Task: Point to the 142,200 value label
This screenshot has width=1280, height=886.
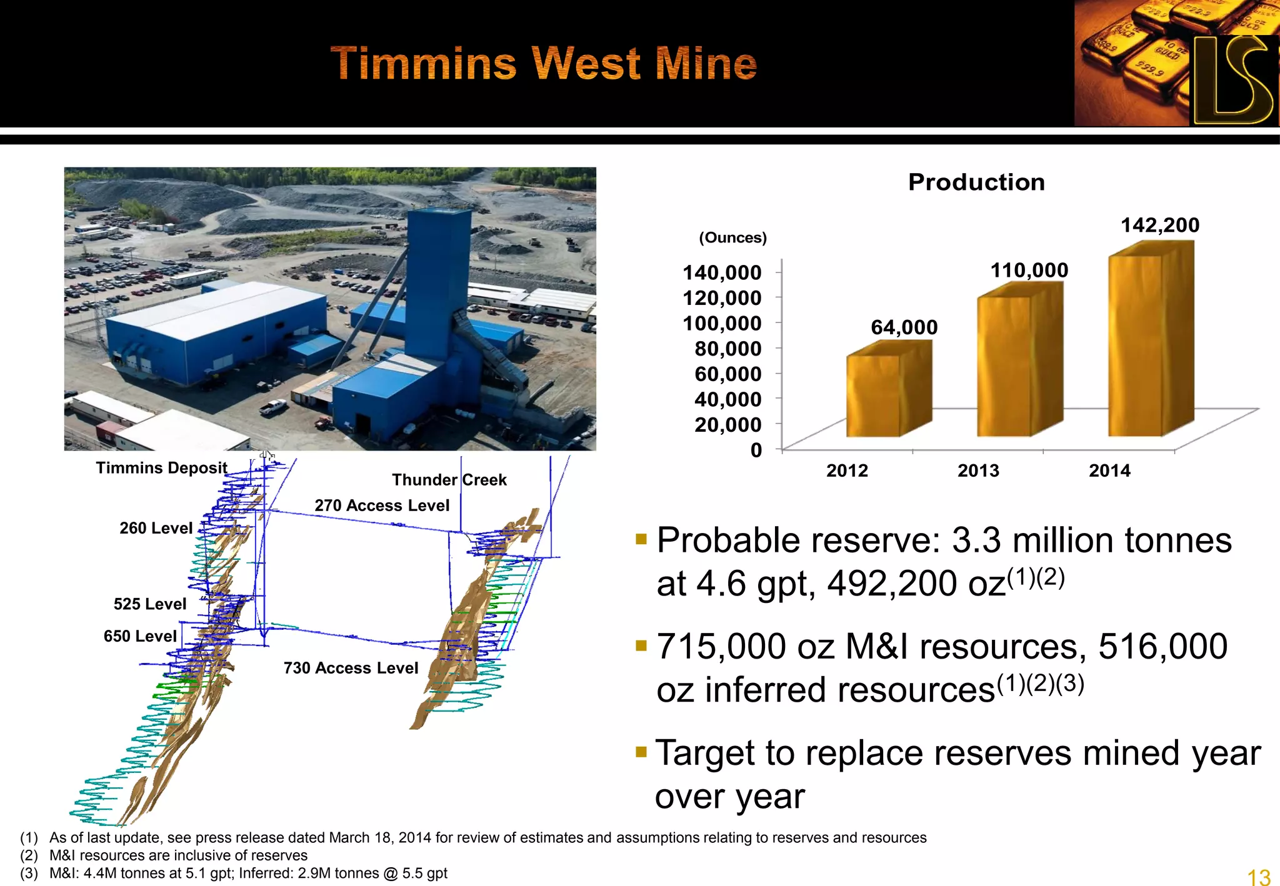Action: pos(1160,226)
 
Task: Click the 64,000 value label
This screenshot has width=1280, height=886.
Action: pos(904,327)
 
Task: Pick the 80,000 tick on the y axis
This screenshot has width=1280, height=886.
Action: pos(728,349)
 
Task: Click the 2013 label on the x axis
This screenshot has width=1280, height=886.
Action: pos(978,470)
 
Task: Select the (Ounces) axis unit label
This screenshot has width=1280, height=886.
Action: pos(732,238)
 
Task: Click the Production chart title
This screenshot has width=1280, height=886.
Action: pos(976,182)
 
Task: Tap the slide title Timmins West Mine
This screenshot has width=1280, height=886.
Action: pos(543,64)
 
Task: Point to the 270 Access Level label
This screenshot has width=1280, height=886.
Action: pos(382,505)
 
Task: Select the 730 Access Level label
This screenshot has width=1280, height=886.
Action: pos(351,668)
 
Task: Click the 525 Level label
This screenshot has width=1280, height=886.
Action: pos(150,604)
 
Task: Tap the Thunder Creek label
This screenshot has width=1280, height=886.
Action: pos(449,480)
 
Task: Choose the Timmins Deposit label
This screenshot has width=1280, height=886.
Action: pos(161,468)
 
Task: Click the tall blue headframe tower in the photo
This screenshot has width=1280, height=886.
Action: pos(437,281)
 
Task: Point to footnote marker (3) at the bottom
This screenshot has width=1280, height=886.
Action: pos(29,874)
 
